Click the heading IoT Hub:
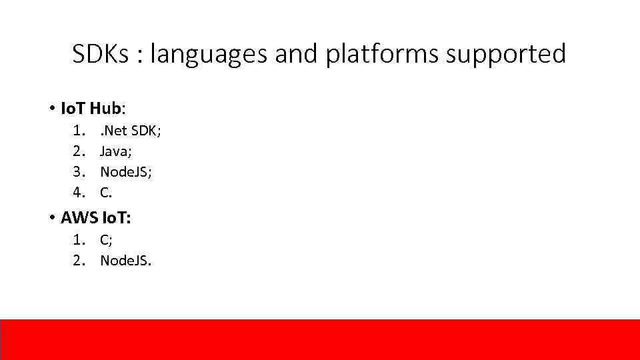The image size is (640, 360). (x=93, y=107)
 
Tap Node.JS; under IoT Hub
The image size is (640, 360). (x=126, y=171)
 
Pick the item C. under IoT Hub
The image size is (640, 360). (x=106, y=192)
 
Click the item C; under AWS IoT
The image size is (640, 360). (x=106, y=240)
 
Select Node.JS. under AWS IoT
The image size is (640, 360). (x=126, y=260)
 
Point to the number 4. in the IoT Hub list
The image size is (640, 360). (x=80, y=192)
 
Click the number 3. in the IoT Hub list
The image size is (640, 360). (x=80, y=171)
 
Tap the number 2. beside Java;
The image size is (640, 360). (x=80, y=151)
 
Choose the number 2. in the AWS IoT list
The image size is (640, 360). (x=80, y=260)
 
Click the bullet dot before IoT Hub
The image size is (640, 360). (x=51, y=108)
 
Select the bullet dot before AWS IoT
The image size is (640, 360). (x=51, y=218)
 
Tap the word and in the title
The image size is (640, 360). (x=297, y=54)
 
